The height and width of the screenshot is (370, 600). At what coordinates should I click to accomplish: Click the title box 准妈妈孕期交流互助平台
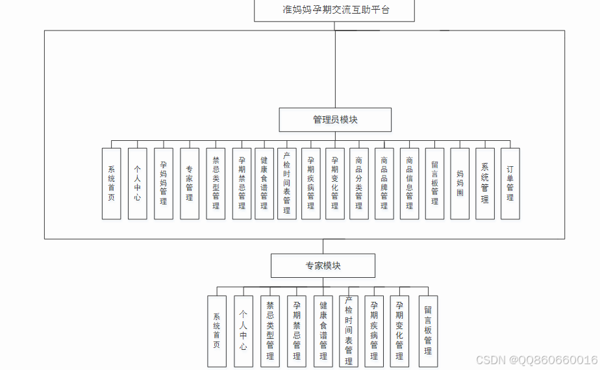[336, 11]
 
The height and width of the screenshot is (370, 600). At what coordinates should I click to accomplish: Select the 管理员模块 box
[335, 120]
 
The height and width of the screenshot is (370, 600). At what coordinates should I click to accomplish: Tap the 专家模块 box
[323, 265]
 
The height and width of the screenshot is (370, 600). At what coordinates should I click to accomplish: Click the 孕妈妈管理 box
[164, 183]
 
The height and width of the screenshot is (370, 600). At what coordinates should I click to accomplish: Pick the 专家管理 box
[190, 183]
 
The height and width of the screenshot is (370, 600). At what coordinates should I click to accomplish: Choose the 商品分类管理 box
[358, 183]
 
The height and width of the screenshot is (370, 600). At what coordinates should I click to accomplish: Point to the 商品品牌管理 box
[384, 183]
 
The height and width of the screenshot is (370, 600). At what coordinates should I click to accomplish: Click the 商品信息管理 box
[409, 183]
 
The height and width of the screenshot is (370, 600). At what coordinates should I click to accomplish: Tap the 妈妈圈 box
[460, 183]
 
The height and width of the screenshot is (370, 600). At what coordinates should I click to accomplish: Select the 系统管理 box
[485, 183]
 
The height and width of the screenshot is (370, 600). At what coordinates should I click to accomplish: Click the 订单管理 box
[510, 183]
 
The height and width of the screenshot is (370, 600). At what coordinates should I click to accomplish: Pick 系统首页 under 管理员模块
[111, 183]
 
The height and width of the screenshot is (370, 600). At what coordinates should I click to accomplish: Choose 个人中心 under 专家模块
[244, 331]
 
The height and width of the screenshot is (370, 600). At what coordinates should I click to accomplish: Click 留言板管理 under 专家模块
[428, 331]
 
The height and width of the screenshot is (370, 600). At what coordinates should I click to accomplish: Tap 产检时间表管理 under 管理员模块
[287, 183]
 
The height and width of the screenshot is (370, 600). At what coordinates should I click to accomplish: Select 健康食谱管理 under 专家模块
[323, 331]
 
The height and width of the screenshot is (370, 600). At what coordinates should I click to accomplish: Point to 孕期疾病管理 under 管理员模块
[311, 183]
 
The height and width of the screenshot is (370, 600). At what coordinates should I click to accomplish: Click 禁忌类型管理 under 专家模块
[270, 331]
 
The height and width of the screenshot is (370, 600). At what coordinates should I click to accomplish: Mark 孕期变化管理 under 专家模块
[400, 331]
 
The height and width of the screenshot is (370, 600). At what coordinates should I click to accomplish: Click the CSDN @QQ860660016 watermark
[536, 360]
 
